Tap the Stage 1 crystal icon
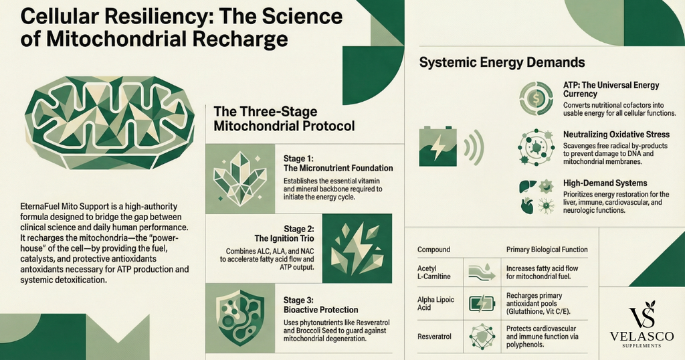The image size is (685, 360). pyautogui.click(x=239, y=177)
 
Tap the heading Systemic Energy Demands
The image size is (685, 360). pyautogui.click(x=502, y=62)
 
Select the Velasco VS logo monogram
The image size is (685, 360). pyautogui.click(x=642, y=314)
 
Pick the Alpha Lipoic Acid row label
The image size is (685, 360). pyautogui.click(x=435, y=303)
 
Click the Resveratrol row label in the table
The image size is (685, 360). pyautogui.click(x=434, y=337)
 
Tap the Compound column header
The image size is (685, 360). pyautogui.click(x=433, y=250)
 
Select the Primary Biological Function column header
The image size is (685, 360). pyautogui.click(x=547, y=250)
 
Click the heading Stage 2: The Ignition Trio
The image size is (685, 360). pyautogui.click(x=284, y=234)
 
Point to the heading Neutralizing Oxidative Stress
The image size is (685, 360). pyautogui.click(x=616, y=134)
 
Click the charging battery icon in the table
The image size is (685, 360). pyautogui.click(x=482, y=303)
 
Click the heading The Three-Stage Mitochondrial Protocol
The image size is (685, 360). pyautogui.click(x=284, y=118)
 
